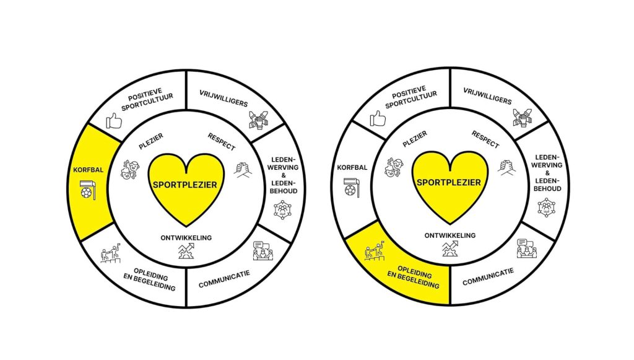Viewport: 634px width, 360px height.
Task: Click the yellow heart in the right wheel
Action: [450, 185]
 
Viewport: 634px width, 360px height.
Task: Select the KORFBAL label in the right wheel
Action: [352, 167]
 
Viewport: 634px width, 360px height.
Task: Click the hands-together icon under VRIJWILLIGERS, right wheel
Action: [522, 117]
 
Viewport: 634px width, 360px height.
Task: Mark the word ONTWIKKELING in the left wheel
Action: [186, 237]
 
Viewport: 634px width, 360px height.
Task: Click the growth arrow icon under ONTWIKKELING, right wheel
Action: [450, 250]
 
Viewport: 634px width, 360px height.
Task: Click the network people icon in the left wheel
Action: [282, 209]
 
